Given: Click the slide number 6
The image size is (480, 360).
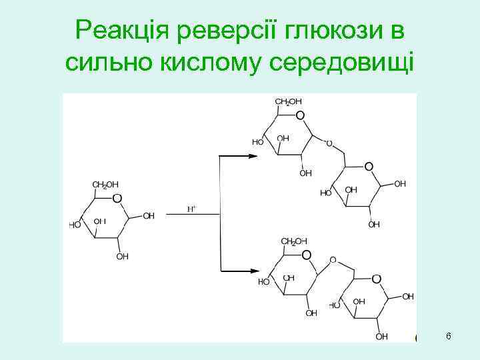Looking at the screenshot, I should (449, 337).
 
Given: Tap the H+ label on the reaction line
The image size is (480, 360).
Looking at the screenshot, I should (191, 209).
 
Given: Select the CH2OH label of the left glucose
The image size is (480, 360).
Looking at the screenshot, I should (105, 184).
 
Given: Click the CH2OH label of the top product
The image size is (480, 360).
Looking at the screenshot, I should (289, 101).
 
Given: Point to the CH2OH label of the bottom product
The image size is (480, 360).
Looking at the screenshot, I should (294, 241).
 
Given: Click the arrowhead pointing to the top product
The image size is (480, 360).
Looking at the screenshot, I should (253, 156).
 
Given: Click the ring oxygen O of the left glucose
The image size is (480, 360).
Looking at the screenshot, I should (117, 198).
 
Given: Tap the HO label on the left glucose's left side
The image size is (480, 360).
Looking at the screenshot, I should (75, 225).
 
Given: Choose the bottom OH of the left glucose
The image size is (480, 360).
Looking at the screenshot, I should (123, 256).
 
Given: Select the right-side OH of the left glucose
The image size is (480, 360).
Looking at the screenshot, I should (149, 216).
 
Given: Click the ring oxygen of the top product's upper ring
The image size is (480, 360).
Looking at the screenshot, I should (299, 116).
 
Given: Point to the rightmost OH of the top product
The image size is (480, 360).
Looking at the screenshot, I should (400, 183).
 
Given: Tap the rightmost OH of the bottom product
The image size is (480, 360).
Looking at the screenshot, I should (407, 296).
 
